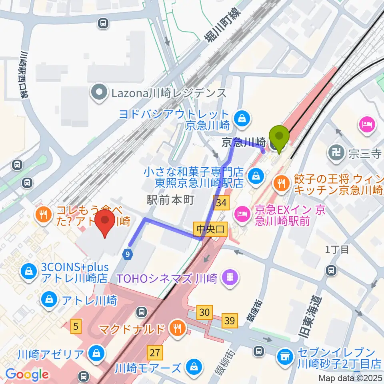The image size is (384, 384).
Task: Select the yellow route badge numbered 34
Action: pos(221,204)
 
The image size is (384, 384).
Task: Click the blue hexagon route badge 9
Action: pos(127,254)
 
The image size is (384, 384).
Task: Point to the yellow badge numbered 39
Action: pos(230,320)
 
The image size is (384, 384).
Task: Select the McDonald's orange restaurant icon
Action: pos(176,329)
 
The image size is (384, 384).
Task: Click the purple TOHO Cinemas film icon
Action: pos(231,276)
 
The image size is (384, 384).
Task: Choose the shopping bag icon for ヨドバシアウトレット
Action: pos(242,118)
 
